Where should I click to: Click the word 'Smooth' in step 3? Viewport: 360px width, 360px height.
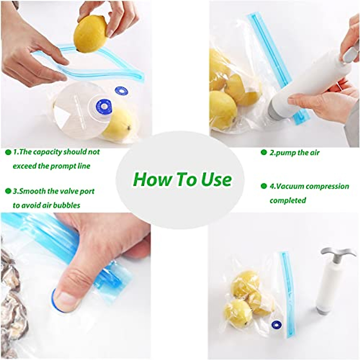tap(29, 191)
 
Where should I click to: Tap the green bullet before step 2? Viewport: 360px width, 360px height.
tap(264, 152)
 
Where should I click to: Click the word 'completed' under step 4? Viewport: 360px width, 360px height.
tap(287, 200)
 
